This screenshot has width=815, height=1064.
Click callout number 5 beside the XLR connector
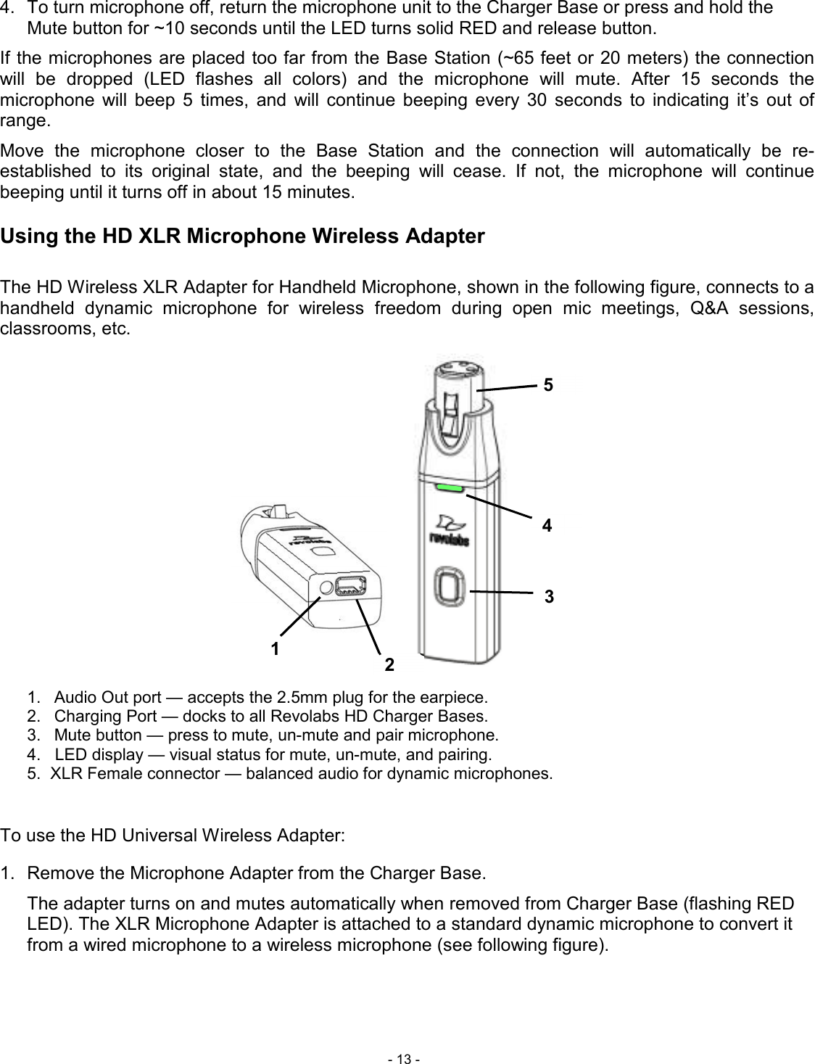549,386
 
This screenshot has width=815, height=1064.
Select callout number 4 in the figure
547,527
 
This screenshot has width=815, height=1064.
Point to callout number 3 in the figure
549,597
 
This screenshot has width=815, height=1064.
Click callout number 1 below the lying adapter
275,648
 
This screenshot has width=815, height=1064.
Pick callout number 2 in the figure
389,664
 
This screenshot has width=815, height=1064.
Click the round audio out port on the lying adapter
326,587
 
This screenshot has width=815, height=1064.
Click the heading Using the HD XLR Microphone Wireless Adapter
243,236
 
